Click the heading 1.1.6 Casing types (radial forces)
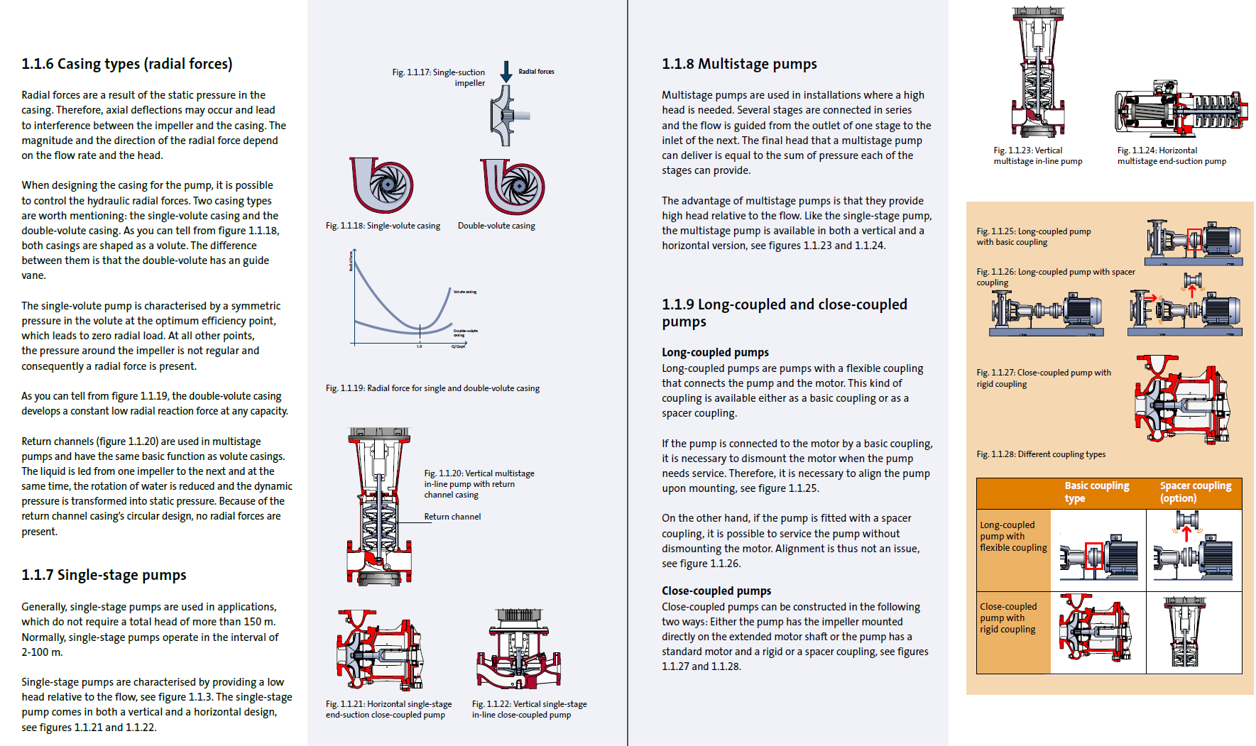pos(127,64)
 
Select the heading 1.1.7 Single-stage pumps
pos(104,575)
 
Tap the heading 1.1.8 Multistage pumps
pos(739,64)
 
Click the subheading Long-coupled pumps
pos(715,352)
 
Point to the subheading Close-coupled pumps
pos(716,591)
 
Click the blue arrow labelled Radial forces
pos(506,71)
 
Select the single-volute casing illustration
pos(382,186)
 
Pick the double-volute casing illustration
pos(513,186)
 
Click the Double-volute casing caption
pos(496,226)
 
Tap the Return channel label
pos(452,517)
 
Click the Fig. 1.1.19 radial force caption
pos(432,388)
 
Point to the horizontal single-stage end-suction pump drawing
pos(378,649)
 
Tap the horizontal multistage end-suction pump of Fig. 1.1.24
pos(1179,108)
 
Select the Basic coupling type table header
pos(1096,492)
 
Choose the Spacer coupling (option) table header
pos(1196,492)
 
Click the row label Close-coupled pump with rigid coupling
pos(1008,618)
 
